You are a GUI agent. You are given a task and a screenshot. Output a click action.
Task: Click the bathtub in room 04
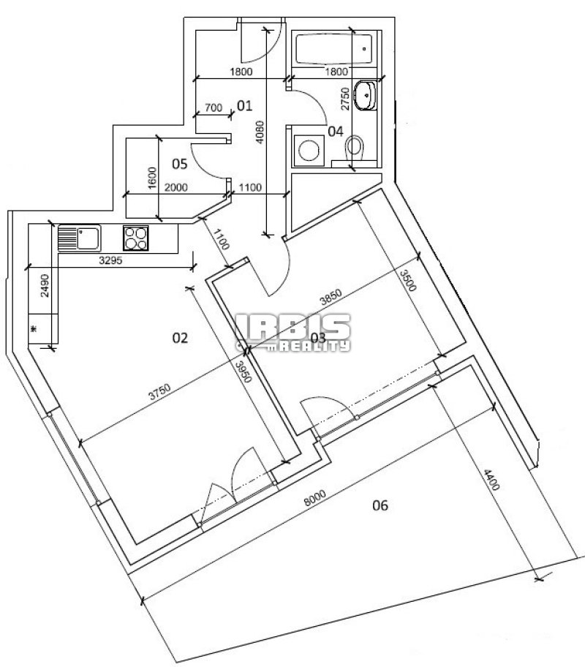(334, 49)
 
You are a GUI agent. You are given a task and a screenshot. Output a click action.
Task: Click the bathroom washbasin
(366, 95)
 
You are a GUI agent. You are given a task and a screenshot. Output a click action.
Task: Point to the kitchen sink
(79, 238)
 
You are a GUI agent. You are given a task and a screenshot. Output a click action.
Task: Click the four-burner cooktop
(136, 238)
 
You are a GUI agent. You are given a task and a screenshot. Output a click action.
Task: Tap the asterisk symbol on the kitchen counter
(34, 329)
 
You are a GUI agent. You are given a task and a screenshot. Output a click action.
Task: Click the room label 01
(245, 105)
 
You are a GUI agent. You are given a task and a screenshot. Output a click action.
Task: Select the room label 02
(180, 338)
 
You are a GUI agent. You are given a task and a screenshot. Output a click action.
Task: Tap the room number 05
(180, 164)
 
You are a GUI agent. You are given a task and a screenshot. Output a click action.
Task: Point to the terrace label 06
(380, 505)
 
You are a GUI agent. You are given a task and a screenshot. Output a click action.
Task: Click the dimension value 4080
(260, 132)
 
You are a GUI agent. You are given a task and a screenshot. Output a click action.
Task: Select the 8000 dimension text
(315, 498)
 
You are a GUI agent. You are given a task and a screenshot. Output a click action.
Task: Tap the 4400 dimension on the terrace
(491, 480)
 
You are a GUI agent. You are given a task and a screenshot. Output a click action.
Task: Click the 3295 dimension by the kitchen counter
(110, 260)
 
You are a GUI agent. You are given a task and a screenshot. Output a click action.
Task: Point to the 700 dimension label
(214, 108)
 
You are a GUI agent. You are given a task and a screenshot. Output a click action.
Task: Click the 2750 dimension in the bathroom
(345, 99)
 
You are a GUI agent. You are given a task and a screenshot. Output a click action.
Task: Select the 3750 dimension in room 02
(159, 392)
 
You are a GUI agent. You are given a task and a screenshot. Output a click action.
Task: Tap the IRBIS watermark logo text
(293, 327)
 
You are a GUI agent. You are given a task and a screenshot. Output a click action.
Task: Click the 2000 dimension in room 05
(176, 187)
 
